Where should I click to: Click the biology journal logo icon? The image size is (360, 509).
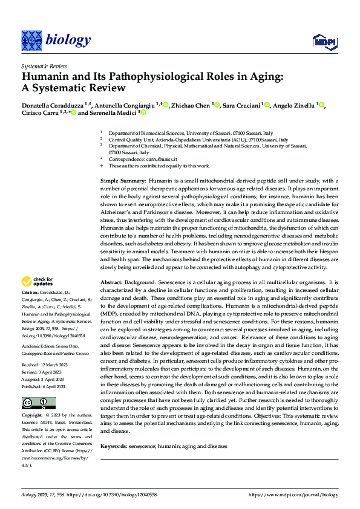[31, 40]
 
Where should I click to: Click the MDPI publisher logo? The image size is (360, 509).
[322, 41]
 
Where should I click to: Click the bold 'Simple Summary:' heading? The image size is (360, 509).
[123, 181]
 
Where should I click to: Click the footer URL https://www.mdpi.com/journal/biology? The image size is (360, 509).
[293, 494]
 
